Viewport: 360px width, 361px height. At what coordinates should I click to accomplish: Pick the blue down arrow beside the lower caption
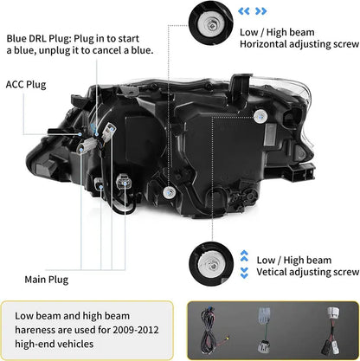point(243,272)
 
